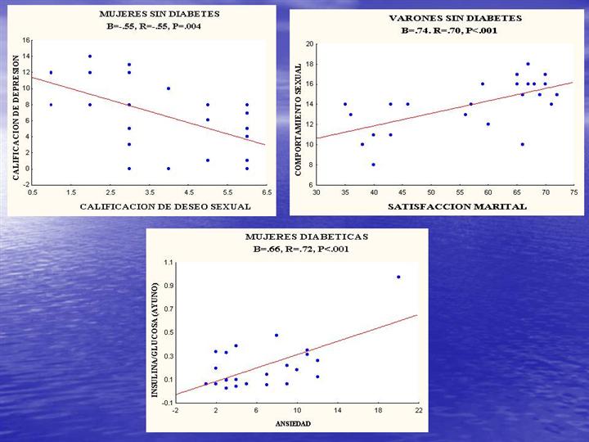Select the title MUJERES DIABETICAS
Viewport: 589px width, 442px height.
(x=299, y=236)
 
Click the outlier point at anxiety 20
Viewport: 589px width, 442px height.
(x=398, y=277)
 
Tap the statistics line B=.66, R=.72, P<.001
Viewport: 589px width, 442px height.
(x=299, y=249)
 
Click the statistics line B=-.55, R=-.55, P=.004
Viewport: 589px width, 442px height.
(x=150, y=26)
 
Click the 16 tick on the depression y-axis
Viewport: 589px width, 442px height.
(x=26, y=40)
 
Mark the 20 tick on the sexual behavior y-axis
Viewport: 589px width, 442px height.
(x=309, y=43)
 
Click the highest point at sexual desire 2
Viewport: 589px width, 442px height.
(x=90, y=56)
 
